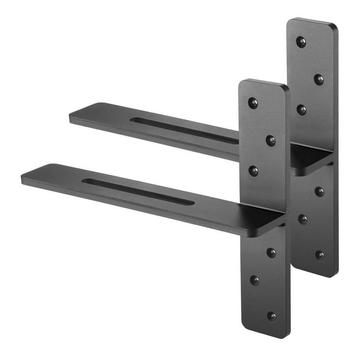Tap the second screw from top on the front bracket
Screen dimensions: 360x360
(x=271, y=141)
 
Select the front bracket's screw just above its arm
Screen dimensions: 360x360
(x=253, y=170)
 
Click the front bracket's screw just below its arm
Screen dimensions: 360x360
(x=271, y=252)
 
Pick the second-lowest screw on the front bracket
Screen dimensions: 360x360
(x=254, y=280)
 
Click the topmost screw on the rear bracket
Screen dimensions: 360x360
(x=301, y=42)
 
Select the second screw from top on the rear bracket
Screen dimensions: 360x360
(x=319, y=79)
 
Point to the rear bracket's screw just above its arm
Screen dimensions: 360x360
(x=301, y=109)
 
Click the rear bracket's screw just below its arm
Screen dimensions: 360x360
(x=319, y=191)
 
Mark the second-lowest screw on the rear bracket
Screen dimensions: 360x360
(x=302, y=219)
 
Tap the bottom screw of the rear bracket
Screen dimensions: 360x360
(x=319, y=255)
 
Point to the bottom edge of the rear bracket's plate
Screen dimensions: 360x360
(x=316, y=275)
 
